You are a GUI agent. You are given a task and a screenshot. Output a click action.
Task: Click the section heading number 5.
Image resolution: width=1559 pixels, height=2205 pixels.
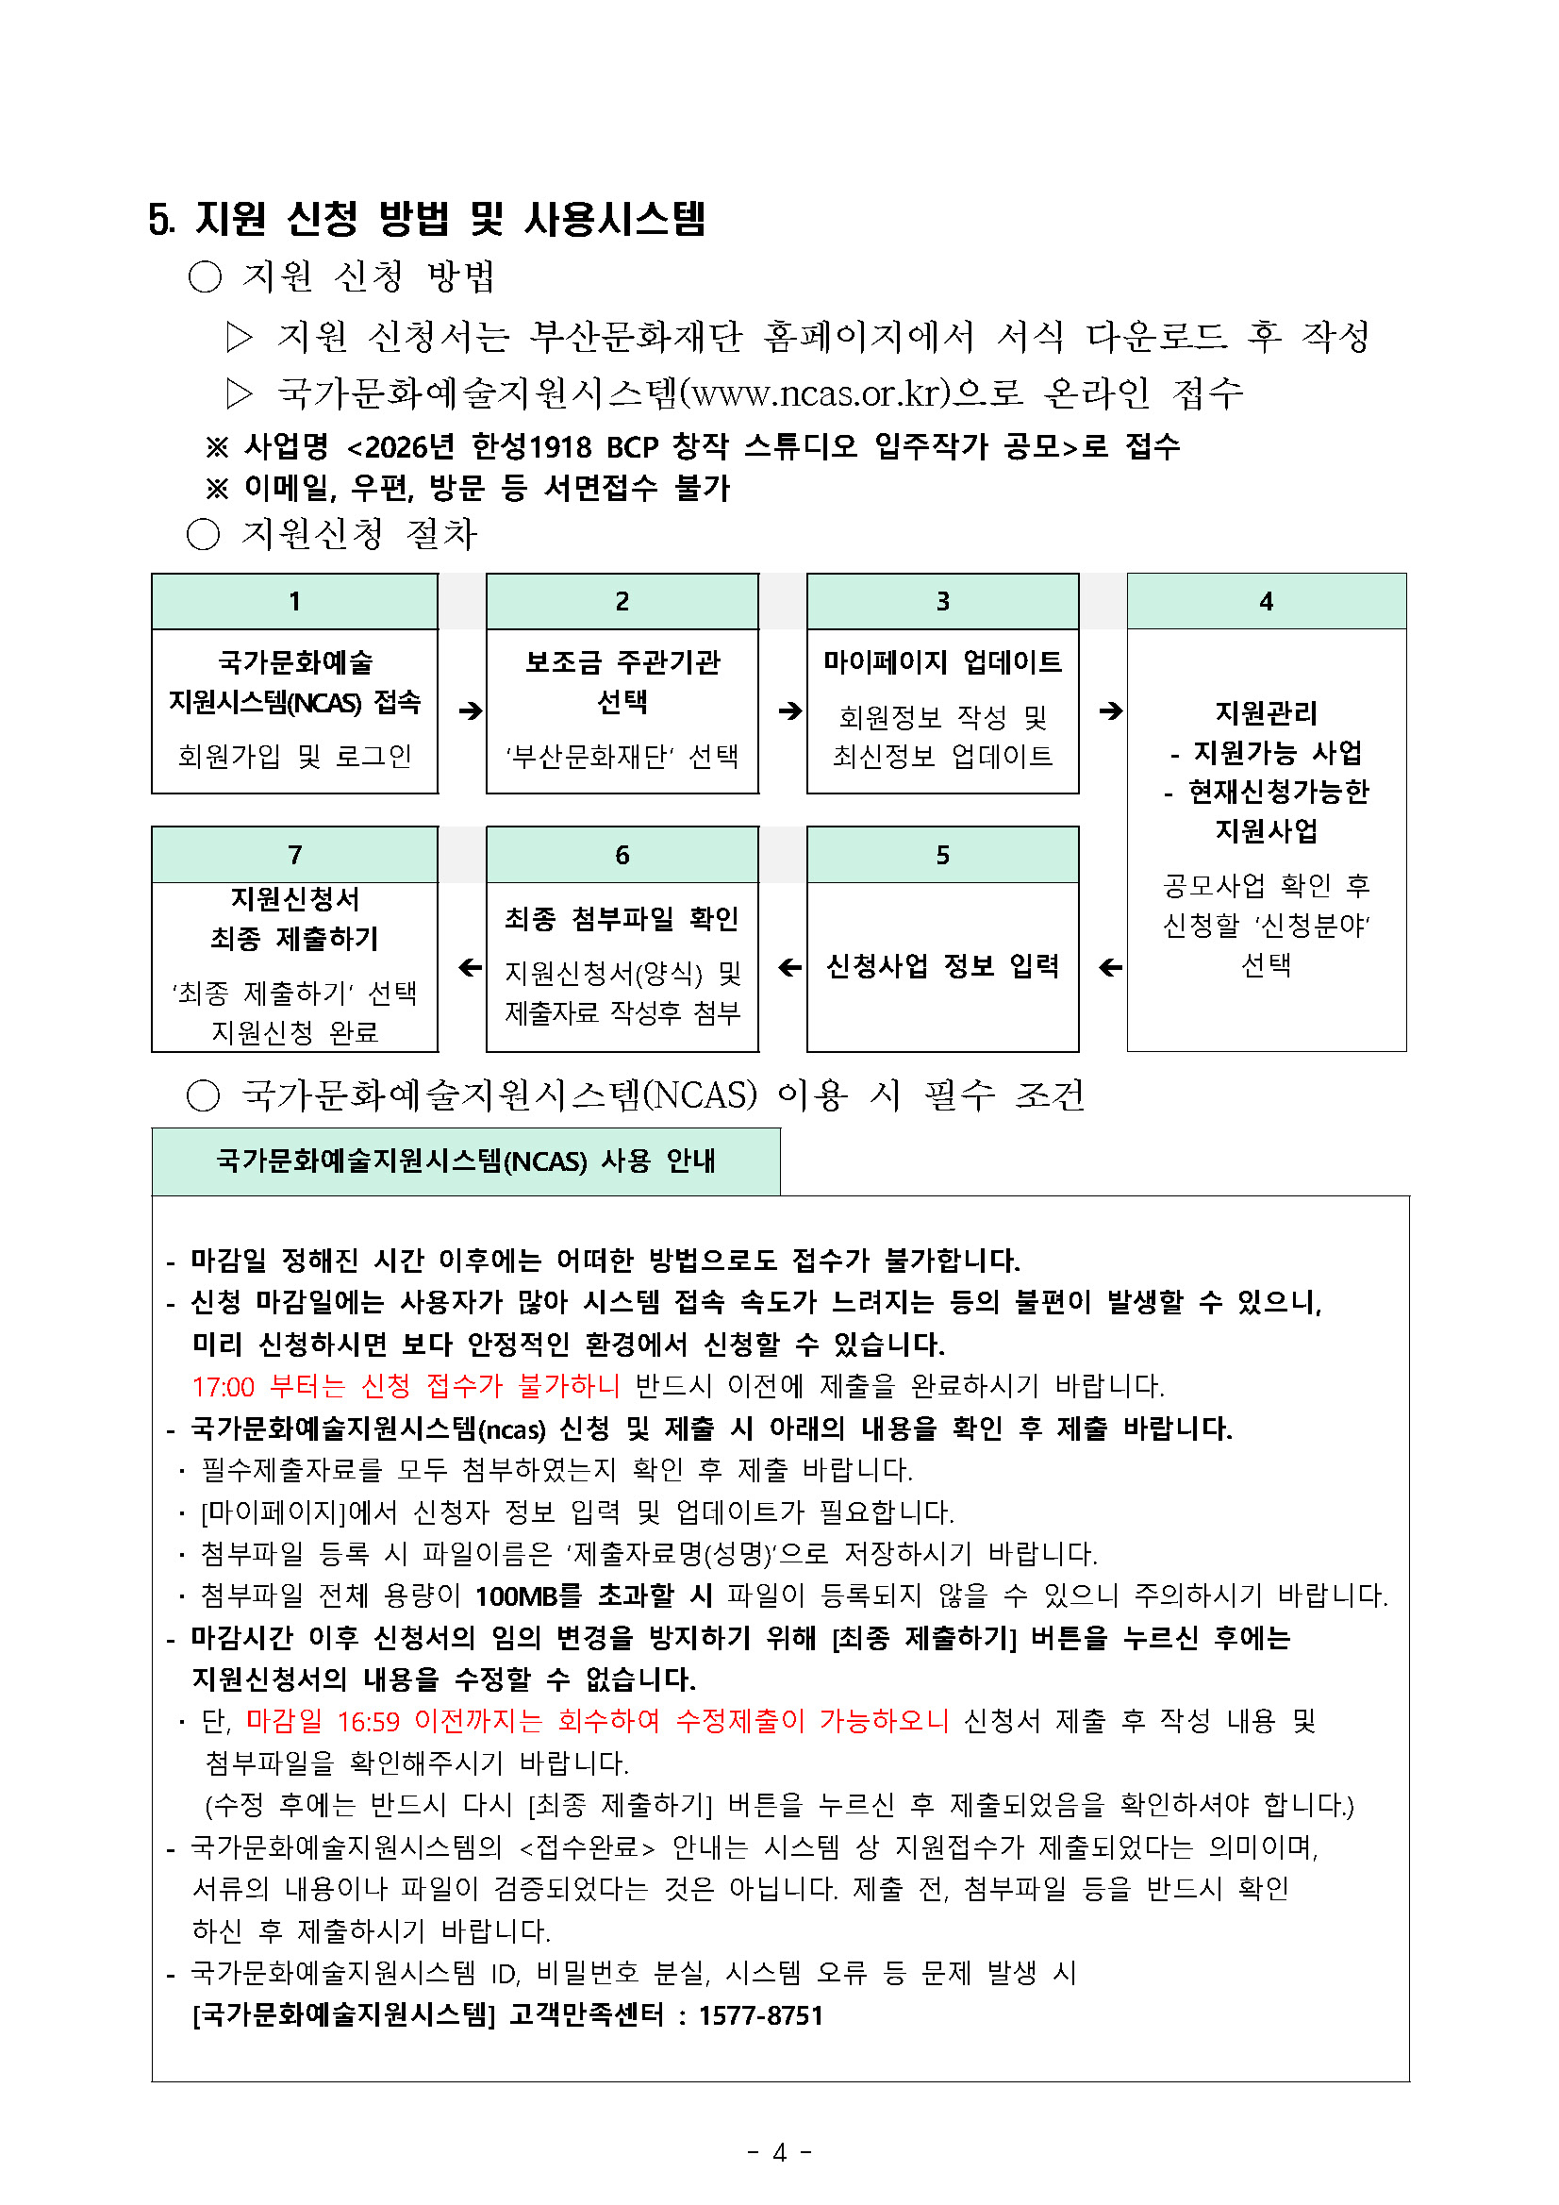click(x=160, y=219)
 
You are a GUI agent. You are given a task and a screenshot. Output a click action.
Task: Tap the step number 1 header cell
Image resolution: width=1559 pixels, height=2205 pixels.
click(x=294, y=601)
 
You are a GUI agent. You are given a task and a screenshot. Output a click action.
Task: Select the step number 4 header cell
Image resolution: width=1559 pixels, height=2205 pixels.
click(x=1267, y=601)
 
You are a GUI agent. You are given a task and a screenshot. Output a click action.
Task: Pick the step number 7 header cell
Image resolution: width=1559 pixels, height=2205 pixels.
click(x=294, y=855)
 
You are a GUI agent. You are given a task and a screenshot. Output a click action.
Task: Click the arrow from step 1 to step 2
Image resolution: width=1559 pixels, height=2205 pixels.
click(x=471, y=710)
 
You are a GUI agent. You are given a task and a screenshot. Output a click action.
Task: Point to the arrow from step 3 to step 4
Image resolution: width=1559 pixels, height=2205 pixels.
click(x=1111, y=710)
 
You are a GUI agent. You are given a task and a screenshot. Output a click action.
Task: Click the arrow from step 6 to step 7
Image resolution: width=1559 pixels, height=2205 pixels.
click(x=471, y=967)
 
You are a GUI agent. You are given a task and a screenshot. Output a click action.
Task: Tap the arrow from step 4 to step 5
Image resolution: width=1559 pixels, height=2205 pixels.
click(x=1111, y=967)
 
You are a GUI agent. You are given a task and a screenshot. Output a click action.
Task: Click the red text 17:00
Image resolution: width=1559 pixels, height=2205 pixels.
click(x=223, y=1387)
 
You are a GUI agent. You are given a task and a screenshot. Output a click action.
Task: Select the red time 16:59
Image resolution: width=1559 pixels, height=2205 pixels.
click(x=368, y=1721)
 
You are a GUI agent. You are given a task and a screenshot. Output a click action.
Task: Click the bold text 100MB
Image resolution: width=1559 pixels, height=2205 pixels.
click(x=517, y=1596)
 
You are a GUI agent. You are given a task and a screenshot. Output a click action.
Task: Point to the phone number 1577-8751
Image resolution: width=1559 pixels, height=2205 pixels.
click(x=760, y=2014)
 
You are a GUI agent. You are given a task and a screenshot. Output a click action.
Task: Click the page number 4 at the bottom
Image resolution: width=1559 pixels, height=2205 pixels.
click(x=779, y=2152)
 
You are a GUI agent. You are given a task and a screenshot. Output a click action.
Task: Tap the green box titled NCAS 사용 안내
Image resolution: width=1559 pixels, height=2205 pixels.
click(x=466, y=1161)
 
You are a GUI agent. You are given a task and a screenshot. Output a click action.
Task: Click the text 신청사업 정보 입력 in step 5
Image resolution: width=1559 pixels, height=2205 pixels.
click(x=943, y=965)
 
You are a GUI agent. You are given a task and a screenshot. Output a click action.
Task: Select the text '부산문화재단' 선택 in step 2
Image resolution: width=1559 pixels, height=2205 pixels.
click(x=622, y=757)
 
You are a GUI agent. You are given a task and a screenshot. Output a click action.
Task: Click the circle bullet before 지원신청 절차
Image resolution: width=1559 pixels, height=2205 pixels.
click(x=204, y=534)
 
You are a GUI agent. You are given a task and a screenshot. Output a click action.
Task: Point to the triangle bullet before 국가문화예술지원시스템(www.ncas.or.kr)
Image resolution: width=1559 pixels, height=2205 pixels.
click(x=239, y=393)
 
